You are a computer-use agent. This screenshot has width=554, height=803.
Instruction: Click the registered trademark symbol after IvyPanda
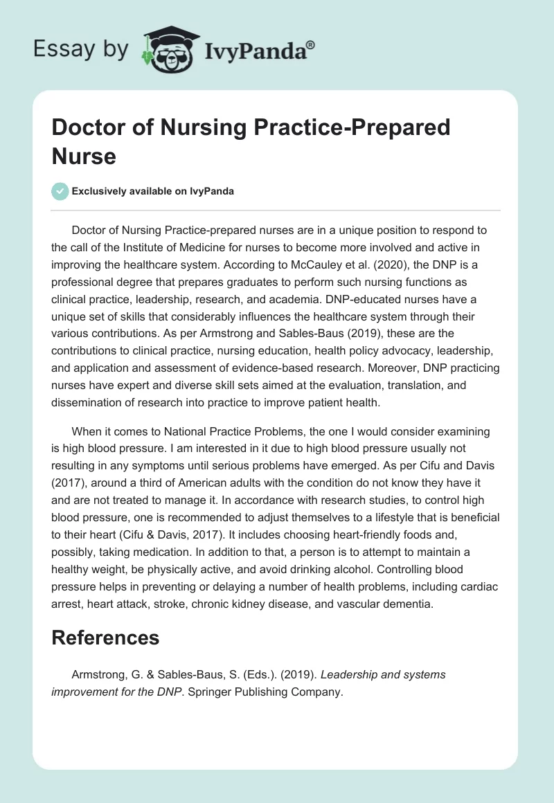pos(310,45)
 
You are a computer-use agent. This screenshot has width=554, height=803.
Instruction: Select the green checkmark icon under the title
pos(60,191)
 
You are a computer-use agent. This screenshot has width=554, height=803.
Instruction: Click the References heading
pos(105,638)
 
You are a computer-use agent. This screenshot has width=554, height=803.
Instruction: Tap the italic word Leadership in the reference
pos(355,674)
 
